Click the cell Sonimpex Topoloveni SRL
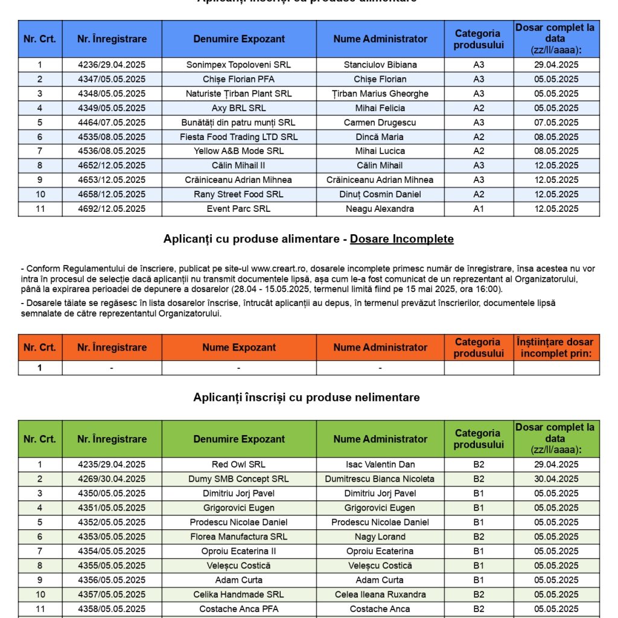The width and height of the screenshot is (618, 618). tap(239, 65)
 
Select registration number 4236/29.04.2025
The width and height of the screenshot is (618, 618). tap(112, 65)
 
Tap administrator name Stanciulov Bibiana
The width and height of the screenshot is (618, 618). tap(380, 65)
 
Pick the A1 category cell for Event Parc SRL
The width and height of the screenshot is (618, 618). tap(479, 209)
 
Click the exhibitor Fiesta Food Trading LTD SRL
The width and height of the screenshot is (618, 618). tap(239, 137)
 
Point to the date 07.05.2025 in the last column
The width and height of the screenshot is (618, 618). tap(556, 123)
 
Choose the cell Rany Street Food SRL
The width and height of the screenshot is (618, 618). tap(239, 194)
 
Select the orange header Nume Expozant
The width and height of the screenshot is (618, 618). tap(239, 348)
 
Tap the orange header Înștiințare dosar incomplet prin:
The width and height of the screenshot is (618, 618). tap(556, 348)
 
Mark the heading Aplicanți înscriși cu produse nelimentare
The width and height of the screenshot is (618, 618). tap(307, 397)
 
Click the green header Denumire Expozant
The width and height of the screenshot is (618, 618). tap(239, 439)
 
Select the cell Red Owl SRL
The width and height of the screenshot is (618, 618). tap(239, 465)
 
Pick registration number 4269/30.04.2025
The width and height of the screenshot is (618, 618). tap(112, 479)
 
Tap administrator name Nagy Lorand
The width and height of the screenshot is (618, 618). tap(380, 537)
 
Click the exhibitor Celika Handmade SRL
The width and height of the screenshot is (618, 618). tap(239, 594)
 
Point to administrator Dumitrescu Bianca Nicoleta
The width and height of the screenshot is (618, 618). tap(380, 479)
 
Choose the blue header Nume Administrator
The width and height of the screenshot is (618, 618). tap(380, 39)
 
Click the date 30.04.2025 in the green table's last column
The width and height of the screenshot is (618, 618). tap(556, 479)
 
